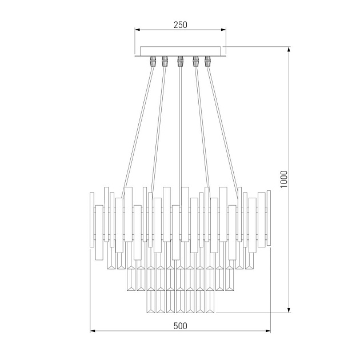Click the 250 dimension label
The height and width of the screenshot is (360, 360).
pyautogui.click(x=180, y=25)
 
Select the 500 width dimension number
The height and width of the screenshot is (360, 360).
pyautogui.click(x=180, y=326)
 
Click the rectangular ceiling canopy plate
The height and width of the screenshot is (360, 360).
pyautogui.click(x=180, y=50)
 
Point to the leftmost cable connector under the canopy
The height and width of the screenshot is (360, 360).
pyautogui.click(x=153, y=60)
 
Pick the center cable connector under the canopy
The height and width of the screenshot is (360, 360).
pyautogui.click(x=180, y=60)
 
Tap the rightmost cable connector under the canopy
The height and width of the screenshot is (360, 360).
pyautogui.click(x=207, y=60)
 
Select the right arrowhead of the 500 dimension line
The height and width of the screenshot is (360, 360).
pyautogui.click(x=269, y=331)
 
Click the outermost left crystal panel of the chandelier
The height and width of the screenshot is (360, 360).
pyautogui.click(x=91, y=221)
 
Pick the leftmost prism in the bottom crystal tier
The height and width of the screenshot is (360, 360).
pyautogui.click(x=151, y=301)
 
